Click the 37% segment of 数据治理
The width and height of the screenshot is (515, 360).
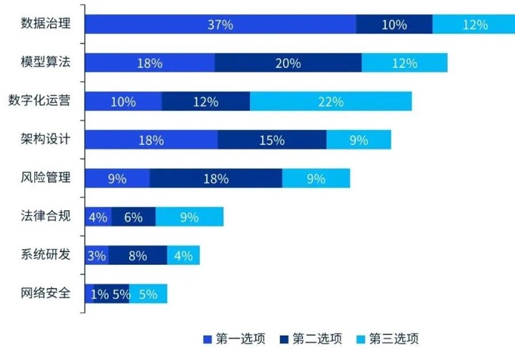point(221,24)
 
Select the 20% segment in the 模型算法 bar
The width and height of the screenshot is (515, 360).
point(288,63)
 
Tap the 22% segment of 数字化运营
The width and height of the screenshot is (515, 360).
point(331,101)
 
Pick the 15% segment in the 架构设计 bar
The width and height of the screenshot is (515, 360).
point(272,140)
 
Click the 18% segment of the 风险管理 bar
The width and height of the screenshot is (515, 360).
point(216,179)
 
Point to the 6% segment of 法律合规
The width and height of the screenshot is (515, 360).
point(134,217)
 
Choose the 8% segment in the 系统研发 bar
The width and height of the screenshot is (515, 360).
point(138,256)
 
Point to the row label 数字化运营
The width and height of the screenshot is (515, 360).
point(39,100)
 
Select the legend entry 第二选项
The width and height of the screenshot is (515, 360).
point(310,339)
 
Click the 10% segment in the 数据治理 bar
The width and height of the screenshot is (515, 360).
point(394,24)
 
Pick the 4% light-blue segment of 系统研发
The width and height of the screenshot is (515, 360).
point(184,256)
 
